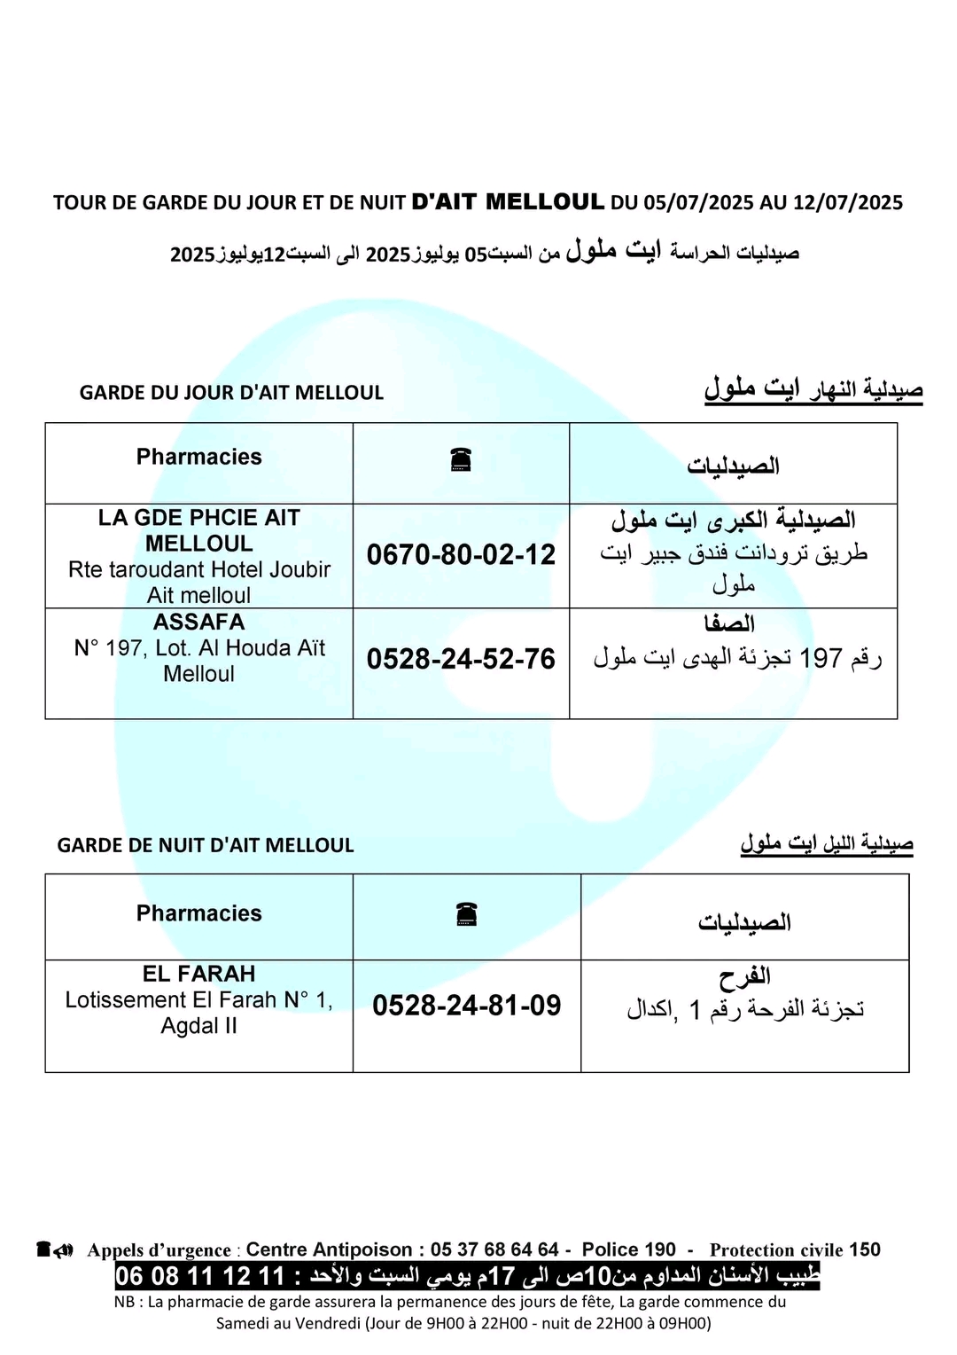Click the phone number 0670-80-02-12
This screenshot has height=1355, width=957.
pos(461,555)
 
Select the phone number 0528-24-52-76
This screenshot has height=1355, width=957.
pos(461,659)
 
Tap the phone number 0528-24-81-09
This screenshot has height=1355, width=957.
pos(466,1006)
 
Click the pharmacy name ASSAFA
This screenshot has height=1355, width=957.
pos(198,622)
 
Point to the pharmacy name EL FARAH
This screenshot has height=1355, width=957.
pos(198,974)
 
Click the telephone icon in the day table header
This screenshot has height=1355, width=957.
pos(461,459)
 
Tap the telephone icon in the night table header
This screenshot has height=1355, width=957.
pos(466,913)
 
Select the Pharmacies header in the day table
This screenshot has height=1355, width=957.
pos(198,457)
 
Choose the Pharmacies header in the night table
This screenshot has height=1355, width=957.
pos(198,913)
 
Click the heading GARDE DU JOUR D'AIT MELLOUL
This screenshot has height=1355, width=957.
pos(231,393)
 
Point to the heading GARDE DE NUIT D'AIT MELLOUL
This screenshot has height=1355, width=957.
pos(206,845)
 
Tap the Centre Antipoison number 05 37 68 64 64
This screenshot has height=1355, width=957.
pos(494,1249)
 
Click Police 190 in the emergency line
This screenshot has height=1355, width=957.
pos(628,1249)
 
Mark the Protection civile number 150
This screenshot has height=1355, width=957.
pos(865,1249)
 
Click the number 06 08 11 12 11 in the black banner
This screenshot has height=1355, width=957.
pos(200,1276)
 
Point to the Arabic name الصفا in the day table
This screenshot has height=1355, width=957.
pos(729,623)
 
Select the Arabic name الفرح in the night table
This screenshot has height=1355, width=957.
pos(744,977)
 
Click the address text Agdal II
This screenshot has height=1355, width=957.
pos(198,1026)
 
